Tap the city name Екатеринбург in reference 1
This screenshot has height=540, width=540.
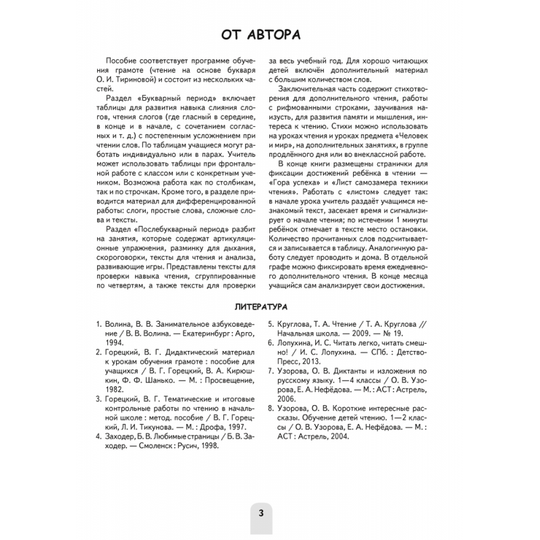[194, 333]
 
